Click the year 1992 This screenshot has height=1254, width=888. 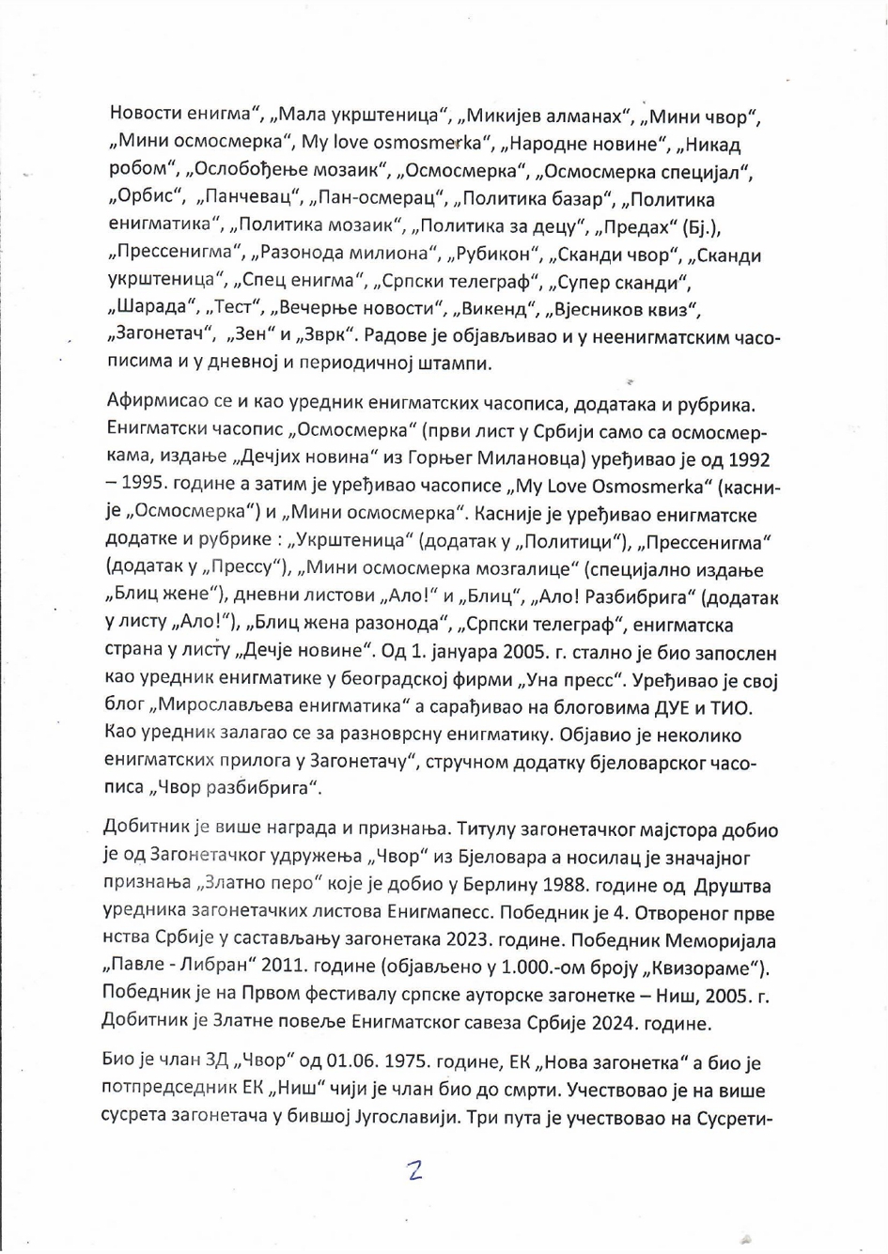(x=741, y=459)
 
